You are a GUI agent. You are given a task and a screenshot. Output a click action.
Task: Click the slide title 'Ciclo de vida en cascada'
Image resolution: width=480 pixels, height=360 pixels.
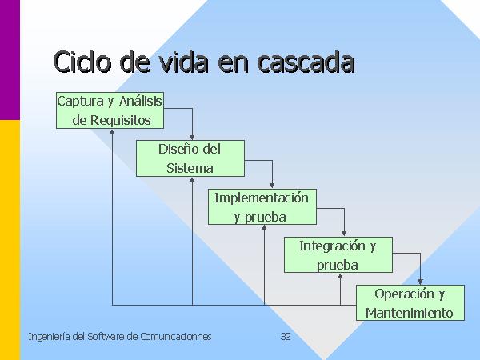point(203,62)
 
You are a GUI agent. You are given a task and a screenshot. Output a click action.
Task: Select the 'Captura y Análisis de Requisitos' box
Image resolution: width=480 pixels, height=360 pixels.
point(110,110)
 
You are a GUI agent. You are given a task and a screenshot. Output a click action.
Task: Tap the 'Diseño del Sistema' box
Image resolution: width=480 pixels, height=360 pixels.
point(190,158)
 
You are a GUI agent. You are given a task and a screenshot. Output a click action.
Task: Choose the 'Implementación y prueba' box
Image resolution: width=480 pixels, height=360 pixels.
point(260,206)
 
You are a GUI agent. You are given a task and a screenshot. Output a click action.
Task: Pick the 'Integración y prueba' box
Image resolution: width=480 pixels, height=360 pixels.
point(338,255)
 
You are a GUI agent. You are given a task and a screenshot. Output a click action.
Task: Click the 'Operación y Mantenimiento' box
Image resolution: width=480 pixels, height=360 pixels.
point(409,302)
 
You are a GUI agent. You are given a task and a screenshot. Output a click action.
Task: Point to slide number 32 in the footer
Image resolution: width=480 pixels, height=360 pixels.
point(286,337)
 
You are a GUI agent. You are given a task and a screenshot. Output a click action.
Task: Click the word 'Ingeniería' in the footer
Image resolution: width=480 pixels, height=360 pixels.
point(46,337)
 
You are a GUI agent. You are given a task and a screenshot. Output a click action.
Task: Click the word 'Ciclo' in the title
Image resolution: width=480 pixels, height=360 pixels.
point(83,62)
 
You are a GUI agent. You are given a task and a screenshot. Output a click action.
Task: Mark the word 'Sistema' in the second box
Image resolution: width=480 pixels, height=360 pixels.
point(190,168)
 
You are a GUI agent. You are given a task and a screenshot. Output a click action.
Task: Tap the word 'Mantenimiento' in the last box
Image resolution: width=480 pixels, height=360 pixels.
point(409,313)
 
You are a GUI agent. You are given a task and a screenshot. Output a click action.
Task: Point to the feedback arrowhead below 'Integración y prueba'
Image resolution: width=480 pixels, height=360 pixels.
point(340,276)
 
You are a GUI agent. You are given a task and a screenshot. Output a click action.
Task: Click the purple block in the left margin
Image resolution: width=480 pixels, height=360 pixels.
point(10,60)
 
